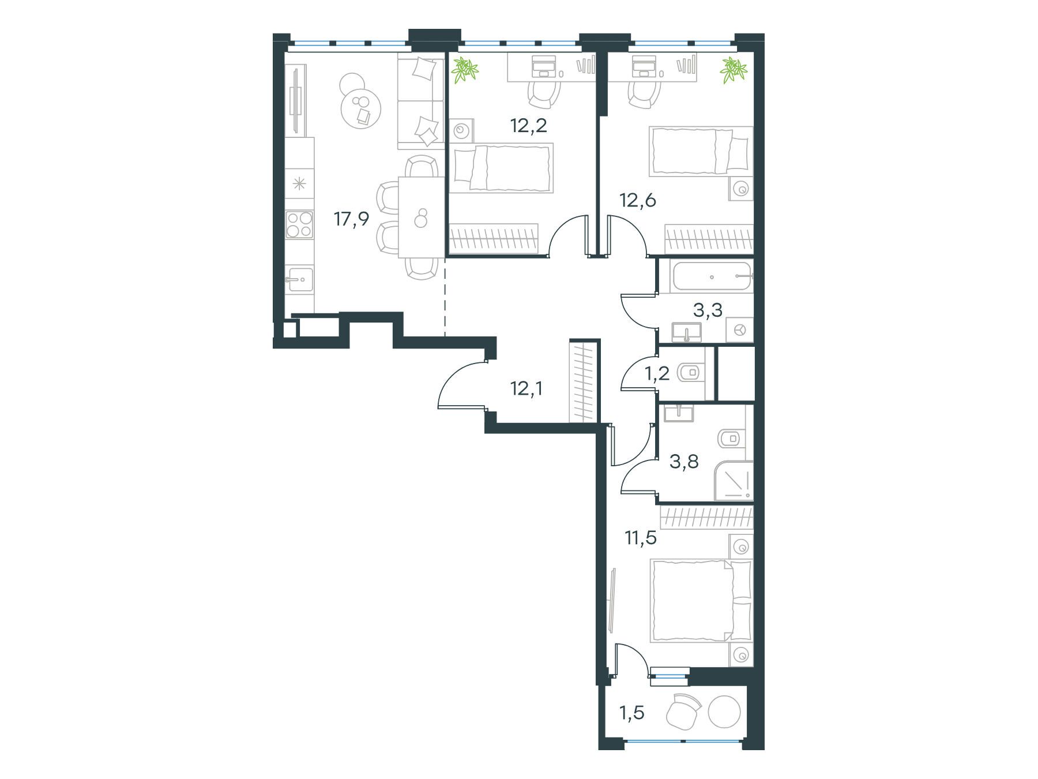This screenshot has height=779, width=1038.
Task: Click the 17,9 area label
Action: [x=351, y=220]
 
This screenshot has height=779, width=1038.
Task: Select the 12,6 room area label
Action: [x=638, y=201]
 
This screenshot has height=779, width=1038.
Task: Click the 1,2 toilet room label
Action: [x=657, y=374]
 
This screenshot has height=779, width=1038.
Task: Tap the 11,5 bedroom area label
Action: [x=641, y=538]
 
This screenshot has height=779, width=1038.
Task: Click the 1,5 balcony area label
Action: [x=631, y=713]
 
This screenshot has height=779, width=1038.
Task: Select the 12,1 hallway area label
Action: [x=527, y=389]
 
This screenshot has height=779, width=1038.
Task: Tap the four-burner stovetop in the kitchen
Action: [x=300, y=224]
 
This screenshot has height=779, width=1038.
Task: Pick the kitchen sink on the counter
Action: [x=300, y=281]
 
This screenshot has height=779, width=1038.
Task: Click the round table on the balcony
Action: [x=724, y=713]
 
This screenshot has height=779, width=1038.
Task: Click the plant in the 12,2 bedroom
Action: [x=465, y=70]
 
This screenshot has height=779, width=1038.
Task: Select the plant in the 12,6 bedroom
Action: [x=733, y=69]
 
